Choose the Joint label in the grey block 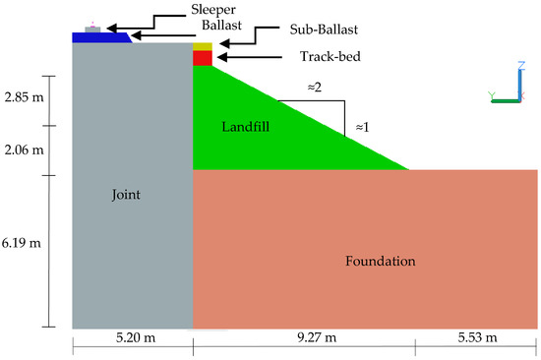tap(128, 195)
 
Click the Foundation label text tap(381, 262)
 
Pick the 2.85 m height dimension tap(23, 99)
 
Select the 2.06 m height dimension tap(23, 150)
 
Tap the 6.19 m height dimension tap(23, 240)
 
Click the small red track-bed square tap(202, 58)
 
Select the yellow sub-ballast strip tap(202, 46)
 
